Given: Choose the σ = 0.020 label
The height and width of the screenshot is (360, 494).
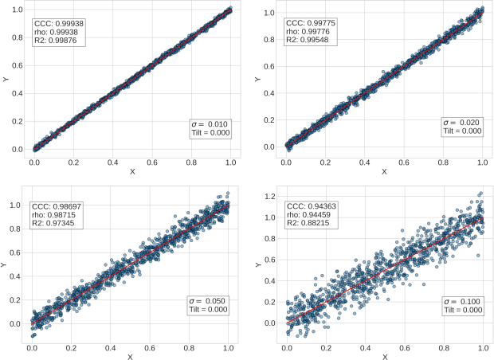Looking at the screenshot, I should click(462, 122).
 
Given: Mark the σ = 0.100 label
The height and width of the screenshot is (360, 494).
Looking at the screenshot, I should click(462, 302).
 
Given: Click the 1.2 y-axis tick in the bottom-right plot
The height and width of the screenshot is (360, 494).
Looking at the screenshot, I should click(272, 196).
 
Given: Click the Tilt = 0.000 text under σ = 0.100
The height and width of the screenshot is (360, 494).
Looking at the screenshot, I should click(462, 311).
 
